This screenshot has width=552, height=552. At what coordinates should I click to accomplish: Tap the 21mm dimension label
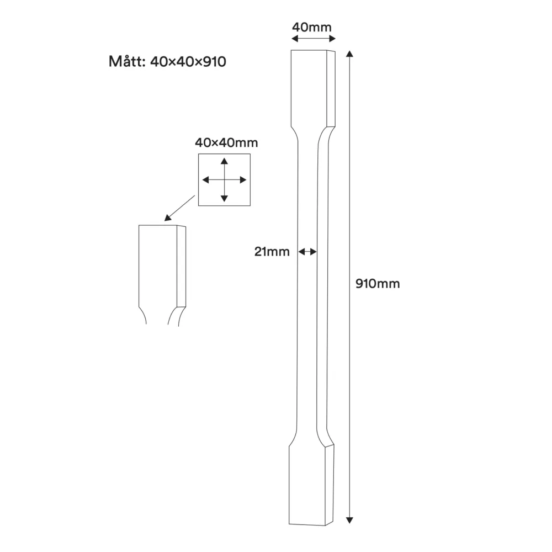[272, 252]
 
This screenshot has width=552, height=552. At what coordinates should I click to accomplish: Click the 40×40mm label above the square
[226, 142]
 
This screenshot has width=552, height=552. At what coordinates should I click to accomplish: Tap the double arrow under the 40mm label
[314, 39]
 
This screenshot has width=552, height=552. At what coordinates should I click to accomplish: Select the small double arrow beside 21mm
[307, 252]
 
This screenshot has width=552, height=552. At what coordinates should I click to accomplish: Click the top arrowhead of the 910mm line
[349, 54]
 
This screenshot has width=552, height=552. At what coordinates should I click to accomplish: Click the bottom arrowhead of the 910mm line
[349, 519]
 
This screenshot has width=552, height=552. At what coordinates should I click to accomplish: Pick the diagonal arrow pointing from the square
[181, 209]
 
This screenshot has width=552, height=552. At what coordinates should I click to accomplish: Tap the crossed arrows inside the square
[224, 180]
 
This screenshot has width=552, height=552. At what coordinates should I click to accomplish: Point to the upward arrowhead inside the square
[224, 161]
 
